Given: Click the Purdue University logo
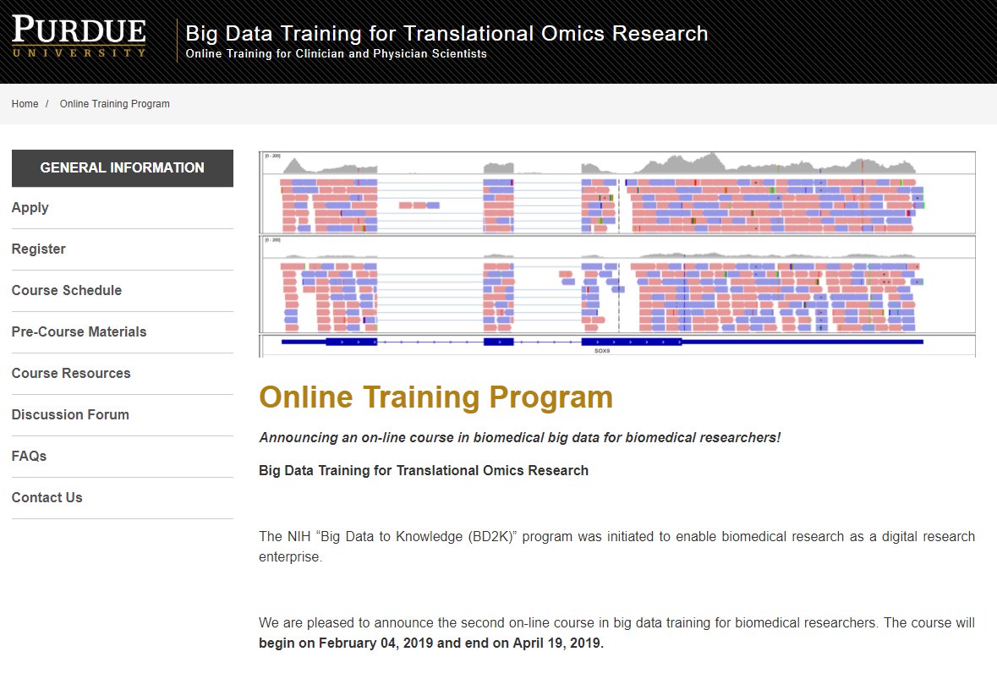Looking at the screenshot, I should coord(79,37).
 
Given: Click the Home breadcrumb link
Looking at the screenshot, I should coord(25,104).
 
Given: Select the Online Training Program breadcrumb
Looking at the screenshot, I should coord(114,104).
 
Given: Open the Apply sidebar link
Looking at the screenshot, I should coord(30,208).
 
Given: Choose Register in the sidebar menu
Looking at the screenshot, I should coord(38,249).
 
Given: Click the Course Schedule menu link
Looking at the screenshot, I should coord(66,291).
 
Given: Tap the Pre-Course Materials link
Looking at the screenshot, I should coord(79,332).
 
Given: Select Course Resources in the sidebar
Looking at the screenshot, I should coord(71,374).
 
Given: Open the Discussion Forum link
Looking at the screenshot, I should coord(70,415).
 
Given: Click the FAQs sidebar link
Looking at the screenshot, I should coord(29,457).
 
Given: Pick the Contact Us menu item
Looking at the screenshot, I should coord(47,498).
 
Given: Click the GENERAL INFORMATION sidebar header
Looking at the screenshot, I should coord(122,168).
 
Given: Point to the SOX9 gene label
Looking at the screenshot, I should coord(602,349).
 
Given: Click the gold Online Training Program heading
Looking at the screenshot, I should coord(436,397).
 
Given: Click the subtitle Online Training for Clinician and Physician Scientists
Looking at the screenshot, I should coord(336,54).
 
